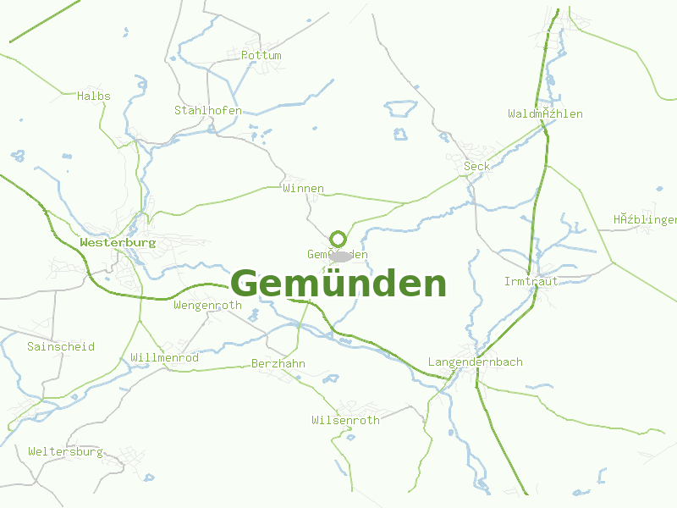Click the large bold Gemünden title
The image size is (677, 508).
click(x=338, y=284)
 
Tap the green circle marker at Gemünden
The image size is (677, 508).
click(x=338, y=239)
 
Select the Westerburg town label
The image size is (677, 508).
click(x=118, y=242)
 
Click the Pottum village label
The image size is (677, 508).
click(x=261, y=55)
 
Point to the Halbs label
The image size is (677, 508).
click(x=94, y=96)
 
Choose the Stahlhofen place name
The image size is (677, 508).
click(x=208, y=110)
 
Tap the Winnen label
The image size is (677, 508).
click(x=304, y=188)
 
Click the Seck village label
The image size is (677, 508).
click(x=476, y=166)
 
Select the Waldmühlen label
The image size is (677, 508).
click(x=545, y=113)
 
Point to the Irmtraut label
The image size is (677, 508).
click(x=531, y=281)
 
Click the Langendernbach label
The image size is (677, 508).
click(x=476, y=362)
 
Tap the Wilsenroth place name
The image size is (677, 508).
click(x=345, y=420)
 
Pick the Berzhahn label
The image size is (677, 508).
click(x=278, y=363)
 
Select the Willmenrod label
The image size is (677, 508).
click(x=165, y=358)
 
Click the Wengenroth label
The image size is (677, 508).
click(x=207, y=305)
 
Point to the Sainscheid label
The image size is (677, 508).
click(x=61, y=346)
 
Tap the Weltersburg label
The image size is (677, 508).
click(x=65, y=451)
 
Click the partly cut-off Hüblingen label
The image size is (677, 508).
click(x=645, y=220)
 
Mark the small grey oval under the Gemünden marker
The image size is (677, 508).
click(x=340, y=256)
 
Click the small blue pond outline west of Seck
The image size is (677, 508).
click(x=400, y=133)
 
